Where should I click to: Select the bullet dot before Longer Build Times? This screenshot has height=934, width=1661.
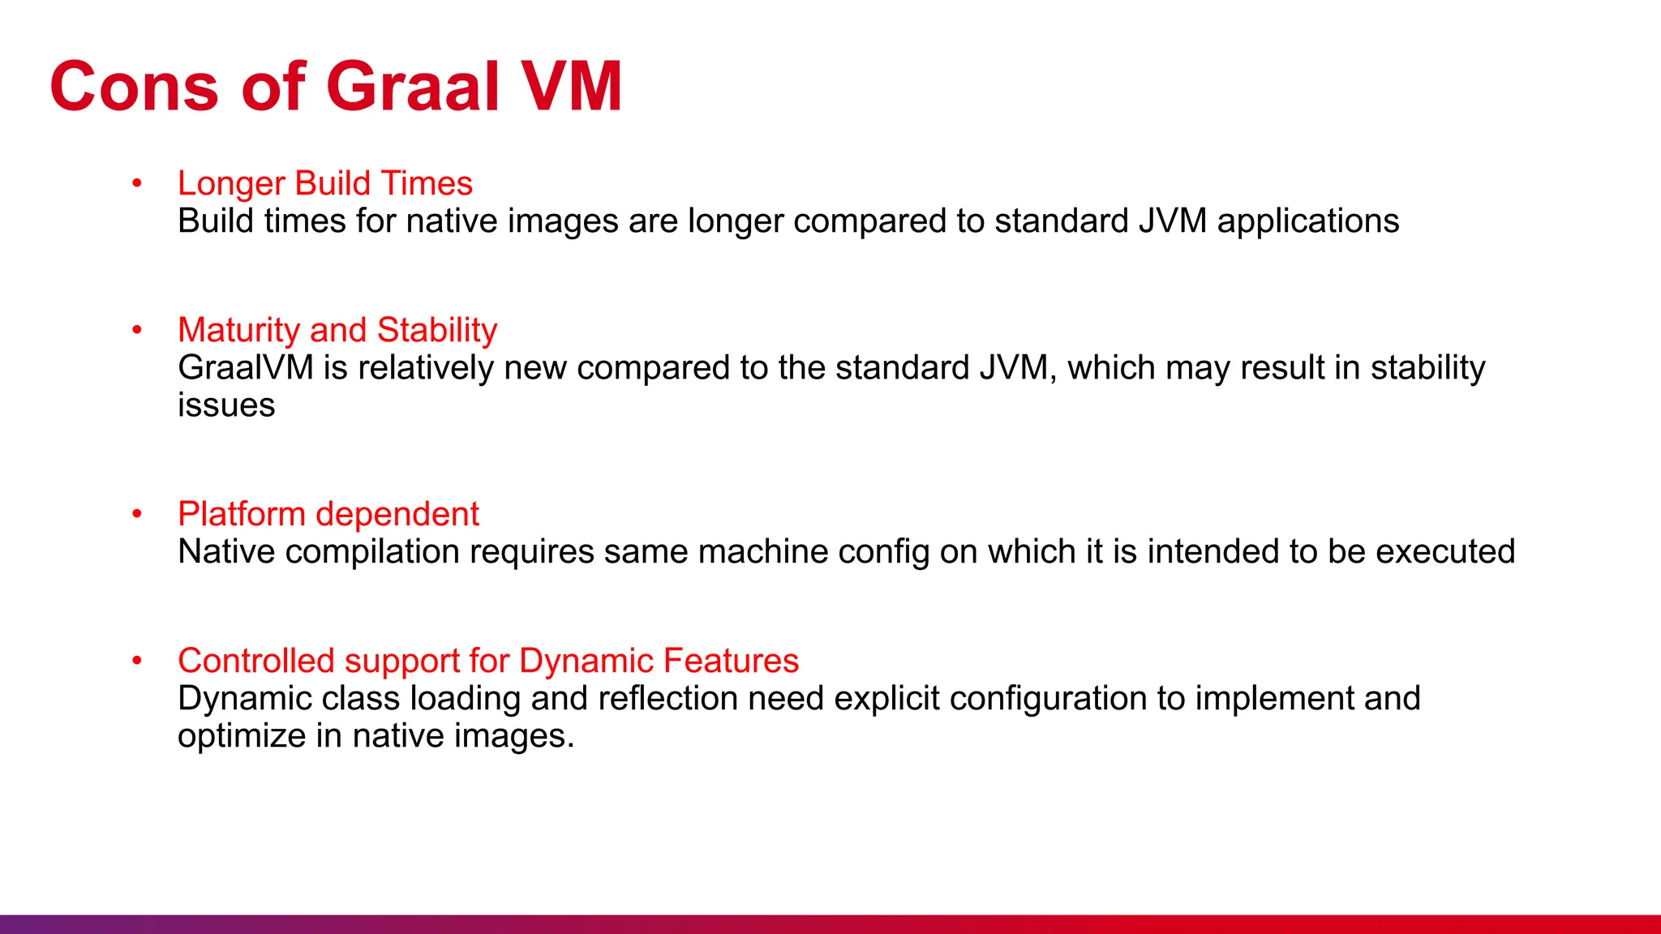pos(137,183)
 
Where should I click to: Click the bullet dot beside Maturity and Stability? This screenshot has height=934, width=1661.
pos(137,330)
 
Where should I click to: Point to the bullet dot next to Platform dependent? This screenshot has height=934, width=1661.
pos(137,514)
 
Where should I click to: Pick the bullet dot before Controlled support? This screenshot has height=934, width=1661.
pos(137,661)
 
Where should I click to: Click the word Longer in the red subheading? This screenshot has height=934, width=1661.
pos(231,184)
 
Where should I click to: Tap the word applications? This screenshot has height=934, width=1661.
pos(1308,221)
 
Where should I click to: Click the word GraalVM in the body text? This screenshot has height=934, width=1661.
pos(246,368)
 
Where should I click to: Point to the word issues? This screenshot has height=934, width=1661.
pos(226,405)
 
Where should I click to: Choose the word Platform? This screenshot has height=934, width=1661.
pos(242,515)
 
